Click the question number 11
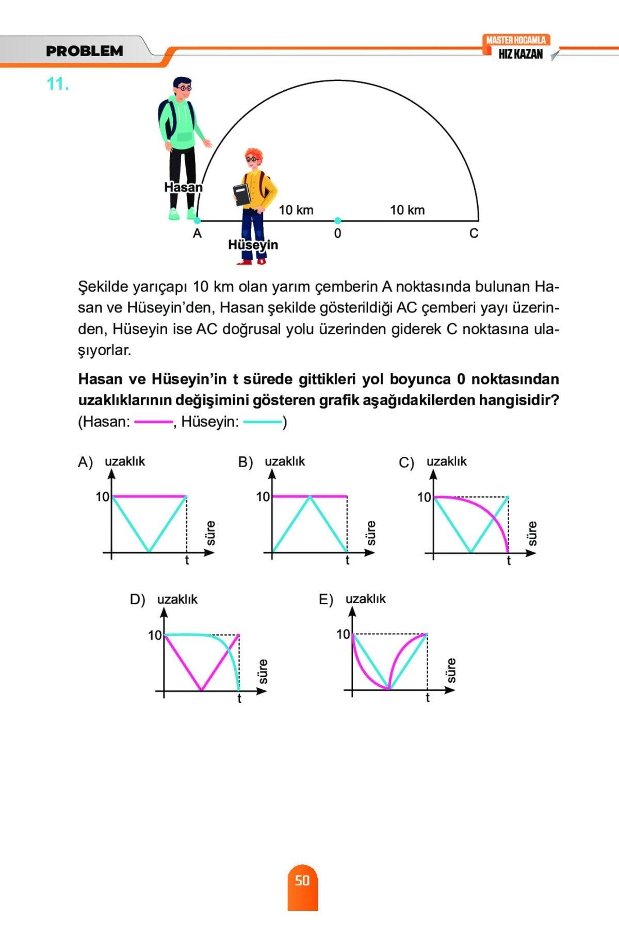point(58,84)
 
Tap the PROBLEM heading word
point(85,51)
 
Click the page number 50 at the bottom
point(302,880)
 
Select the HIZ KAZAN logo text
point(520,54)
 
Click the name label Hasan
point(183,187)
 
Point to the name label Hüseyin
point(253,245)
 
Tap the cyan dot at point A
point(197,221)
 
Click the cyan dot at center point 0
point(337,220)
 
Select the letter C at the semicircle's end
point(474,234)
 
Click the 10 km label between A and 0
point(296,210)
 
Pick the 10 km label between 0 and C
point(407,210)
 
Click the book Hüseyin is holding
point(241,194)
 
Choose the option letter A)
point(85,462)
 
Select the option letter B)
point(245,462)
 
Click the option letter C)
point(406,462)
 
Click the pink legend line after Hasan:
point(153,422)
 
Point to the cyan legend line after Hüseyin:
point(262,422)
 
